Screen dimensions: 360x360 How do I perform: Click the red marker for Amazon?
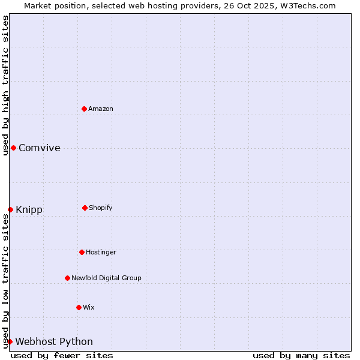click(85, 109)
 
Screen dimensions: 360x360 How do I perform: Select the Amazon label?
click(101, 109)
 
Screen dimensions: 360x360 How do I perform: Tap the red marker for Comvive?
click(13, 148)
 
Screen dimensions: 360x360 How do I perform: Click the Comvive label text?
click(40, 148)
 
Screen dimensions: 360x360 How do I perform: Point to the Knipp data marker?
click(10, 209)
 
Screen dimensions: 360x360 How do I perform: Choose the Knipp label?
click(29, 210)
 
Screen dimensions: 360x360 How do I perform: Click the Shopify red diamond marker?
click(85, 208)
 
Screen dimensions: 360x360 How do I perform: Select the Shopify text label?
click(101, 208)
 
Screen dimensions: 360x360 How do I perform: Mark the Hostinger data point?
click(82, 252)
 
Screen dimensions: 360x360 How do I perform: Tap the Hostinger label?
click(101, 252)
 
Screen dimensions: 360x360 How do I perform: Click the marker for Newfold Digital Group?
click(67, 278)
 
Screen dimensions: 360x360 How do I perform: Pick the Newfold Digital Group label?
click(106, 278)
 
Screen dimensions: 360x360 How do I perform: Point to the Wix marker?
click(79, 307)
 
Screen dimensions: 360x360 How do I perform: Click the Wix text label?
click(89, 307)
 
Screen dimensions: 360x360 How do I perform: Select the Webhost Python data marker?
click(10, 341)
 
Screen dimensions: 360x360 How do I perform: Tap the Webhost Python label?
click(54, 342)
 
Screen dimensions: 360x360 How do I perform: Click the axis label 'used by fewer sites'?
click(62, 355)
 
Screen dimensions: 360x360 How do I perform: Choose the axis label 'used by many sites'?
click(301, 355)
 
